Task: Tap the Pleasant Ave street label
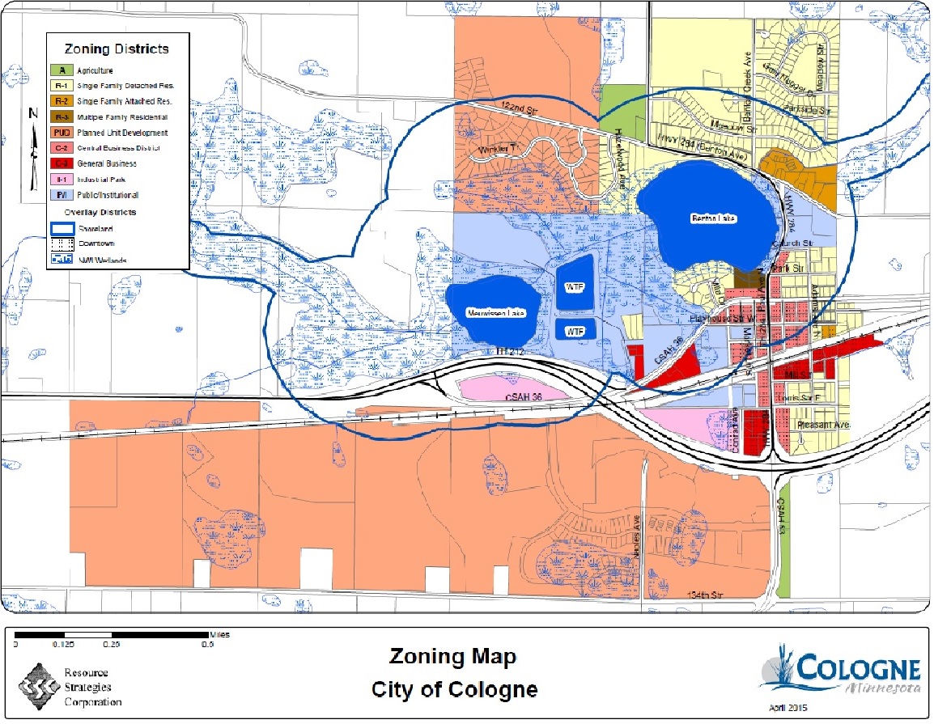pos(822,424)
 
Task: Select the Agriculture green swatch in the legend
pos(62,70)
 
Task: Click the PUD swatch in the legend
pos(62,133)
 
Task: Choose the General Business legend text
pos(107,164)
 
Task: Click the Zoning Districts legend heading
pos(117,49)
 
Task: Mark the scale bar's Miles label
pos(219,635)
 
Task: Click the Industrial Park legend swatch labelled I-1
pos(62,180)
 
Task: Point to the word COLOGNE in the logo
pos(859,671)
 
